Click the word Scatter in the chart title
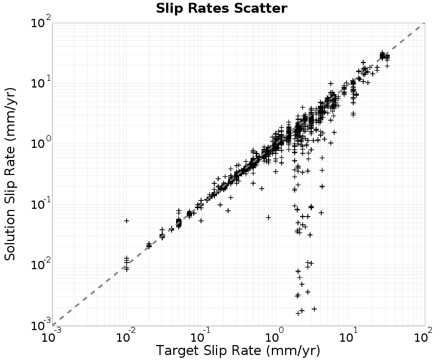point(260,8)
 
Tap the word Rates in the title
point(208,8)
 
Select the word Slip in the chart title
point(169,8)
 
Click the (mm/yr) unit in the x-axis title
point(293,351)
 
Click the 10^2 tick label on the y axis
point(41,22)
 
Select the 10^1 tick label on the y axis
point(41,82)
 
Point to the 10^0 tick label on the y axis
point(41,143)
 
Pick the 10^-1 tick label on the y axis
point(41,203)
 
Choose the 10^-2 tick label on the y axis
point(41,264)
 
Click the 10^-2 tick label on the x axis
point(126,336)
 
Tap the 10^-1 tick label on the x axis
point(200,336)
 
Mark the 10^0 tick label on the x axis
point(275,336)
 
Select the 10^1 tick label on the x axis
point(349,336)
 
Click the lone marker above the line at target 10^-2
point(127,220)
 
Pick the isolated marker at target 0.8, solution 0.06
point(269,217)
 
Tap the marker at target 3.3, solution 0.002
point(314,309)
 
